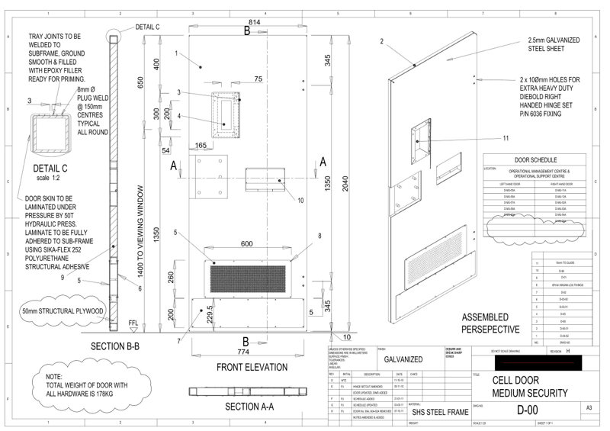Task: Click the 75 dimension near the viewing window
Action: pyautogui.click(x=258, y=79)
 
